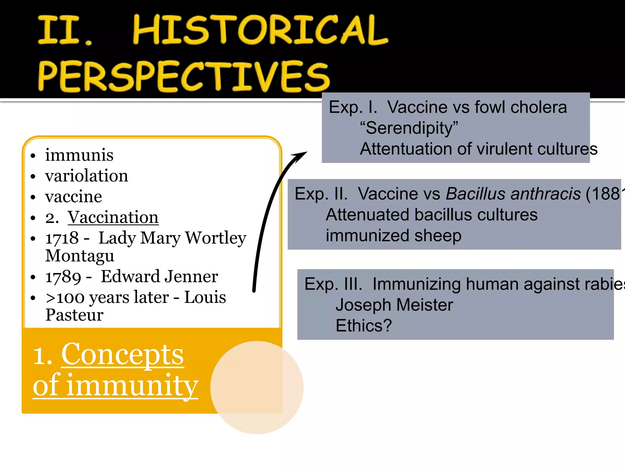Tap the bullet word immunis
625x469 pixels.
(79, 155)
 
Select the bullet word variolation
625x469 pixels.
(87, 176)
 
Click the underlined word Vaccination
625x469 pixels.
(113, 217)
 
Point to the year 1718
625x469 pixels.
(62, 238)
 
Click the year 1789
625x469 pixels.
(63, 277)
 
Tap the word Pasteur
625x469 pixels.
(74, 315)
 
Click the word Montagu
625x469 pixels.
(80, 256)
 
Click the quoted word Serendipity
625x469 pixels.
(409, 128)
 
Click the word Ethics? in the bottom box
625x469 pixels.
(363, 326)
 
